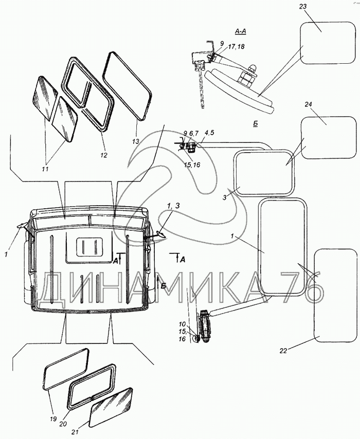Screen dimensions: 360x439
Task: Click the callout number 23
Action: point(303,7)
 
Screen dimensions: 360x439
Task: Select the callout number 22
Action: point(283,351)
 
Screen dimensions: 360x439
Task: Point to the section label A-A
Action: point(240,32)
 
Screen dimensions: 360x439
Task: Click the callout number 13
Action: point(136,142)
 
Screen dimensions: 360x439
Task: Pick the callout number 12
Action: point(104,155)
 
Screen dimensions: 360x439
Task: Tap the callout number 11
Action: point(45,169)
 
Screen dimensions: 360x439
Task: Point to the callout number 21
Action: point(74,432)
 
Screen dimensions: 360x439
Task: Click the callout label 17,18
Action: point(237,46)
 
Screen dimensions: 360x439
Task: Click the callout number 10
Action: point(182,324)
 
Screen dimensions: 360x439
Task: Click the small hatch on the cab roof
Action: point(90,247)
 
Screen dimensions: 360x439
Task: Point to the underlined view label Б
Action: point(256,124)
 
